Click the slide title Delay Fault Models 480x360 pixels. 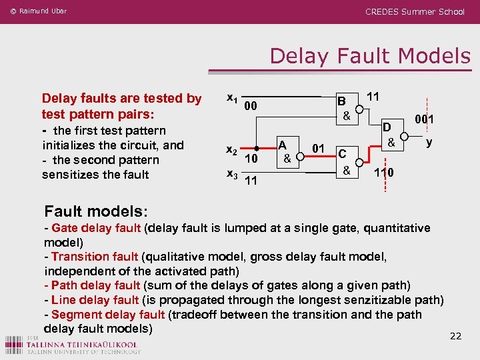point(370,56)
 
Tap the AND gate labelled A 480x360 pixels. point(285,152)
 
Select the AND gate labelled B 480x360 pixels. point(345,108)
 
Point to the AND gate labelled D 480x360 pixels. point(391,135)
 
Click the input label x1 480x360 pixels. point(233,99)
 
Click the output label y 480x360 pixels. point(429,142)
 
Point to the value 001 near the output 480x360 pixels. point(424,120)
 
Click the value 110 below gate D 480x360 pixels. point(383,173)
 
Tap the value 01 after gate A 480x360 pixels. point(319,147)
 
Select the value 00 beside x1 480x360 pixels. point(251,106)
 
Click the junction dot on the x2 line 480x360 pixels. point(257,149)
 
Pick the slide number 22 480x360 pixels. point(455,335)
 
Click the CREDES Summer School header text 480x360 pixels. point(415,12)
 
